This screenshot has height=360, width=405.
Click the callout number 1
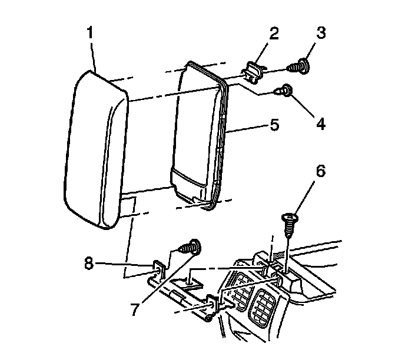coord(89,33)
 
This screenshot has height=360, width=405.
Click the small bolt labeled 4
coord(286,91)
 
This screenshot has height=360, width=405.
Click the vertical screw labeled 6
coord(289,222)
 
